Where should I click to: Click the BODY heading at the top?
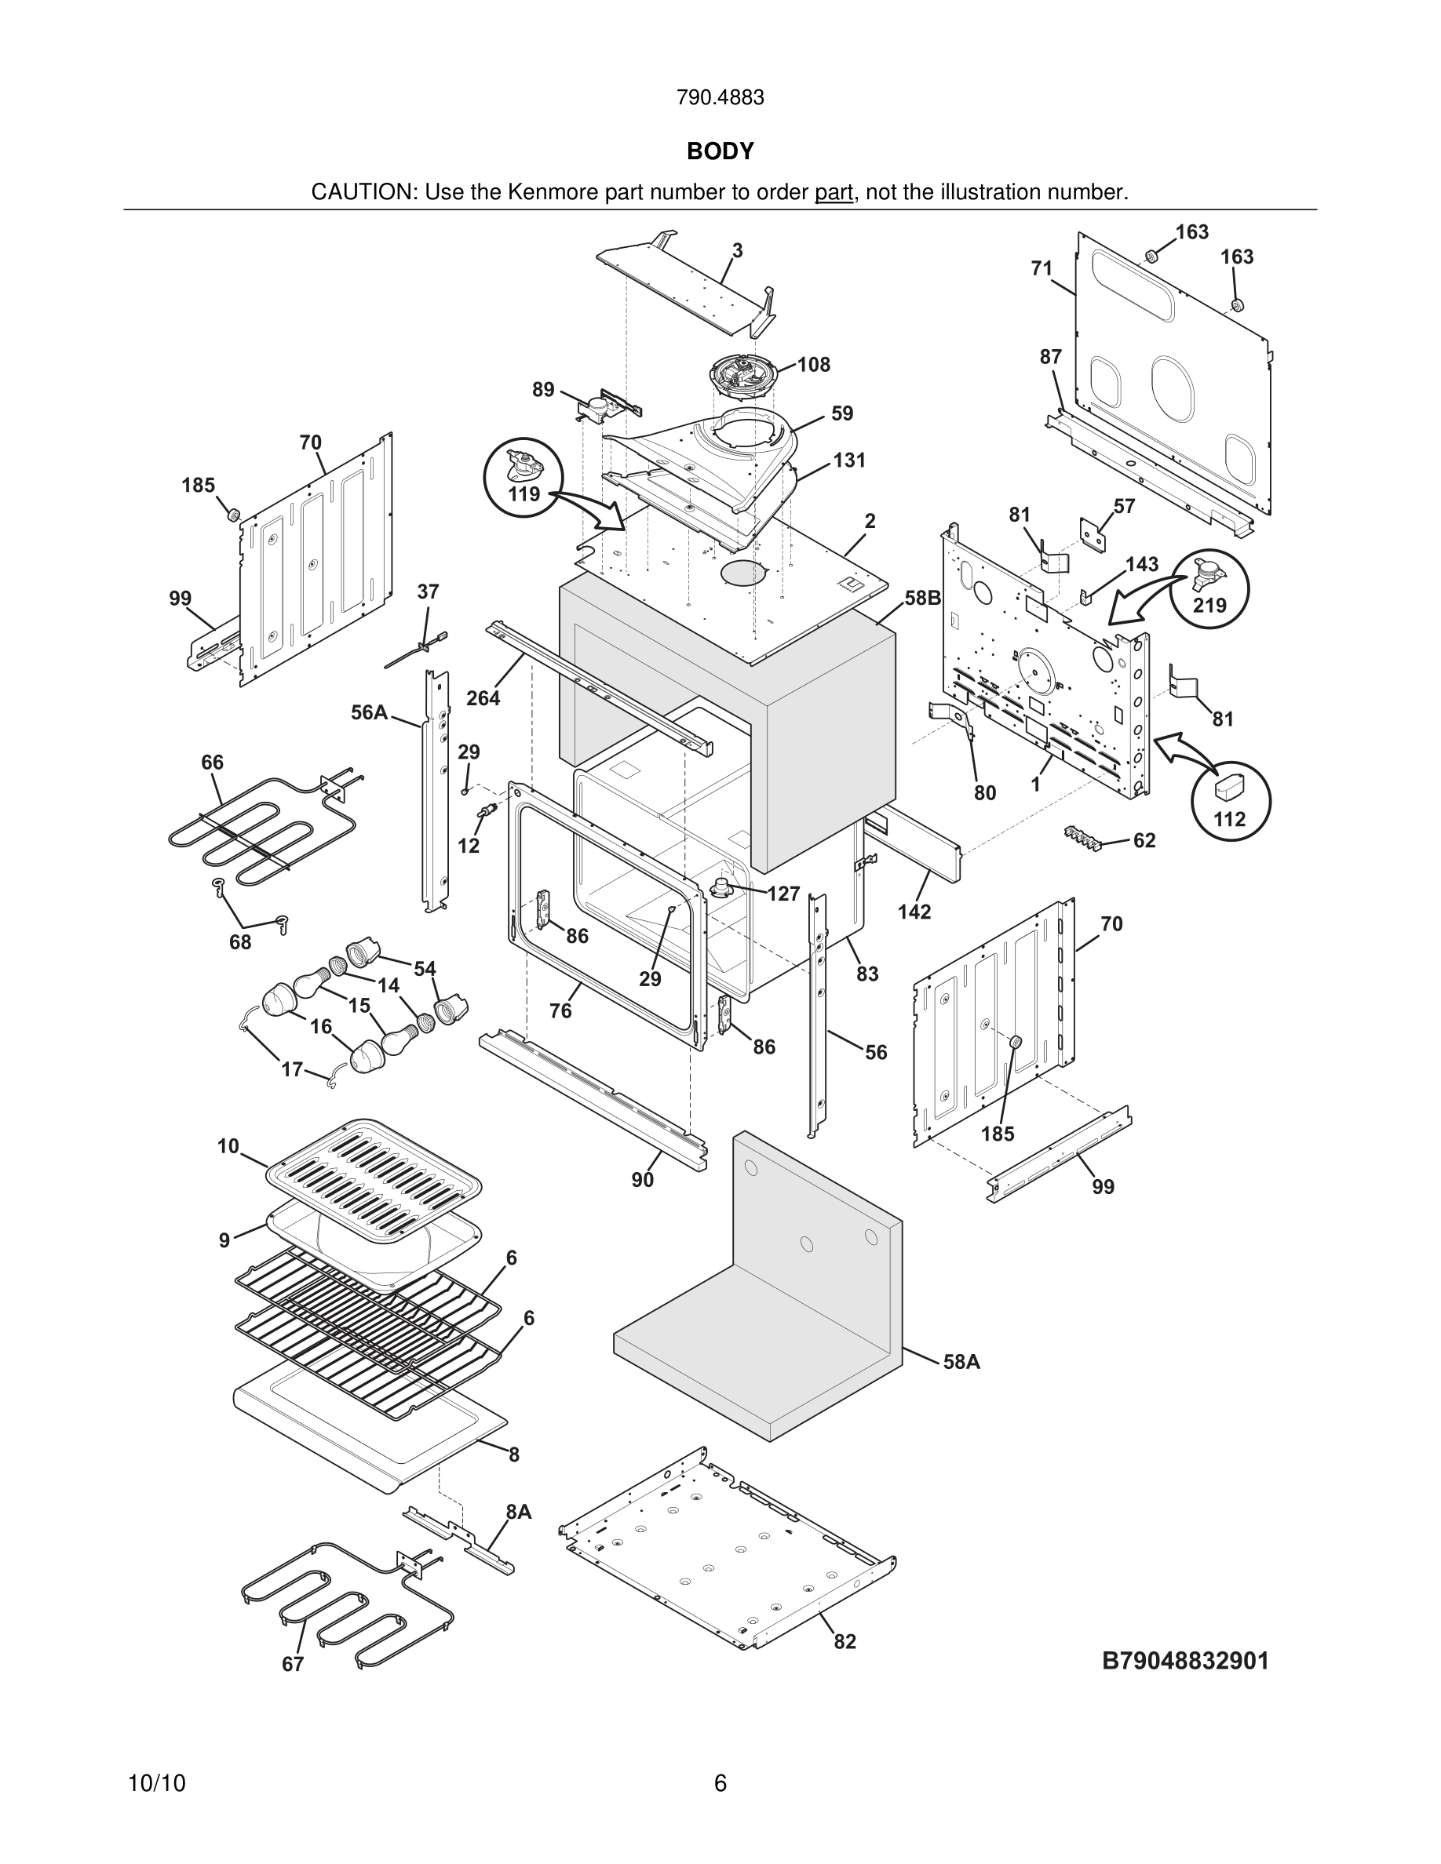[720, 151]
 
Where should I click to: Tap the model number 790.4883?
[720, 98]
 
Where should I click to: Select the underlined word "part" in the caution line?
[834, 193]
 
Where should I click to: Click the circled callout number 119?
[524, 494]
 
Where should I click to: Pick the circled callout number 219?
[1209, 605]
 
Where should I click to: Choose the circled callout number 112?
[1229, 818]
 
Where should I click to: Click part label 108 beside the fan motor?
[814, 366]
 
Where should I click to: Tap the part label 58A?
[961, 1362]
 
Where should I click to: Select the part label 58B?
[922, 599]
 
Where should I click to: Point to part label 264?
[483, 698]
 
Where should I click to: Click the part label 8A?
[518, 1512]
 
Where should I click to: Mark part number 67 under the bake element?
[293, 1664]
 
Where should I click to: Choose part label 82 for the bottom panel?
[845, 1641]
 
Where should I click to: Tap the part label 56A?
[369, 712]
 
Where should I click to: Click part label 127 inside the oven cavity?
[783, 894]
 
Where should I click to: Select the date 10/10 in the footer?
[156, 1783]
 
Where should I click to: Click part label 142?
[914, 912]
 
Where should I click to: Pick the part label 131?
[849, 461]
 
